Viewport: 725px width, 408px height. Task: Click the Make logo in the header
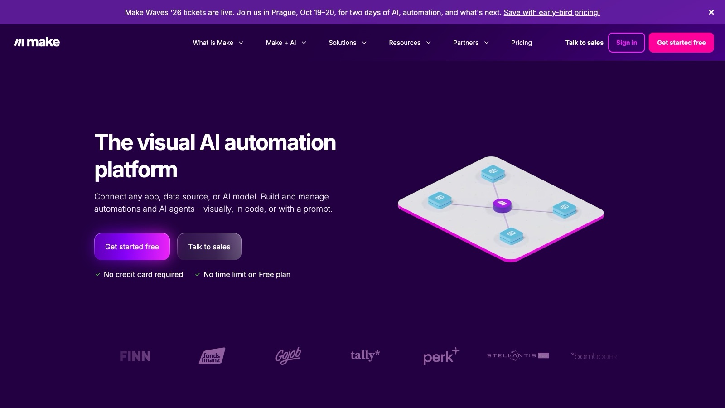click(37, 43)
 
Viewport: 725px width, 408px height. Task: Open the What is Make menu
click(218, 43)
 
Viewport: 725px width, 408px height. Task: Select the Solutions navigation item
click(347, 43)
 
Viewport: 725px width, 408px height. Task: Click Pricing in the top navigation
click(522, 43)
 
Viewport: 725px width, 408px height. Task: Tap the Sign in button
click(626, 43)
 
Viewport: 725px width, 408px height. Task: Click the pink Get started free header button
click(681, 43)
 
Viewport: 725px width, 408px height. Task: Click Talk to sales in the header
click(584, 43)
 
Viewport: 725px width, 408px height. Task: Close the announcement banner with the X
click(711, 12)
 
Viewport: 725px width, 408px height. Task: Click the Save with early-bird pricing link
click(552, 12)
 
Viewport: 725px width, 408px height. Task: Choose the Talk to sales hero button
click(209, 247)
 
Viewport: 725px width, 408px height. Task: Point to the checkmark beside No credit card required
click(98, 275)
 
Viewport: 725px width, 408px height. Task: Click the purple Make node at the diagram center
click(502, 205)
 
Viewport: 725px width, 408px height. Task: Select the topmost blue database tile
click(493, 173)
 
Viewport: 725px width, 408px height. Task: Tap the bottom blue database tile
click(512, 235)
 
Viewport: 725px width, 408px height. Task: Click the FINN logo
click(135, 356)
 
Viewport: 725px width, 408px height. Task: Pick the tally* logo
click(365, 355)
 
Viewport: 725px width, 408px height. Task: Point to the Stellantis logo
click(518, 355)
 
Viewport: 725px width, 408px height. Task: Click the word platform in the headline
click(135, 170)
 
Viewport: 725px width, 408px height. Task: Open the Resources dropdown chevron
click(428, 43)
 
